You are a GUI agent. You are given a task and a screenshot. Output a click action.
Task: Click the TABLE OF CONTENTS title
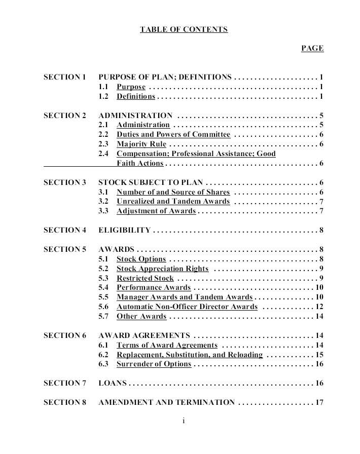pos(184,29)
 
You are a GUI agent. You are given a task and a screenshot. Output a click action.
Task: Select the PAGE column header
pos(312,48)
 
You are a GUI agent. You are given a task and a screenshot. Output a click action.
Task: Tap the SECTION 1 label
pos(65,77)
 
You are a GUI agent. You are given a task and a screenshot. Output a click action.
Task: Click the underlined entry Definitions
pos(136,96)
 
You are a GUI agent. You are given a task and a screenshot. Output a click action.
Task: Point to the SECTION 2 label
pos(65,116)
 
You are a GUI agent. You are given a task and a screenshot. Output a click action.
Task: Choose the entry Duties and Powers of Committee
pos(173,135)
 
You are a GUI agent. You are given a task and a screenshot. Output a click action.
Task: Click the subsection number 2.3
pos(103,144)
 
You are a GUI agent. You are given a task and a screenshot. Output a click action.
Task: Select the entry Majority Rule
pos(141,144)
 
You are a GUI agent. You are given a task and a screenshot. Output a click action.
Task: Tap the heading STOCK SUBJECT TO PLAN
pos(151,182)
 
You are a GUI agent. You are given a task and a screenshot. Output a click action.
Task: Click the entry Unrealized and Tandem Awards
pos(173,202)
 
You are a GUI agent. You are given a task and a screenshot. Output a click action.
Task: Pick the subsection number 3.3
pos(103,211)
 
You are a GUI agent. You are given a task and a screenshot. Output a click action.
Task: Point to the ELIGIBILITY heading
pos(124,230)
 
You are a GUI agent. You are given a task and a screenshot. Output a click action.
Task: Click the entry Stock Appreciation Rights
pos(162,269)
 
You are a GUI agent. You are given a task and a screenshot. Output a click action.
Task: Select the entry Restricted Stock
pos(145,278)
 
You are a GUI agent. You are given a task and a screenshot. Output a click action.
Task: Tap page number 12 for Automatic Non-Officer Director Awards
pos(319,307)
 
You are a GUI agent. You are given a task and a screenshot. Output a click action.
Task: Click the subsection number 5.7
pos(103,316)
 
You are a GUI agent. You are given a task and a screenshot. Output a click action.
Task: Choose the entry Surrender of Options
pos(154,364)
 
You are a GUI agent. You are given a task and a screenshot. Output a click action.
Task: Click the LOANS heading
pos(113,383)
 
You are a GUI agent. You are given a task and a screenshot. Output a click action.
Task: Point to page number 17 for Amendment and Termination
pos(319,402)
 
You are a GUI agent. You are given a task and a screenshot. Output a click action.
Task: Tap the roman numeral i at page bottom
pos(183,421)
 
